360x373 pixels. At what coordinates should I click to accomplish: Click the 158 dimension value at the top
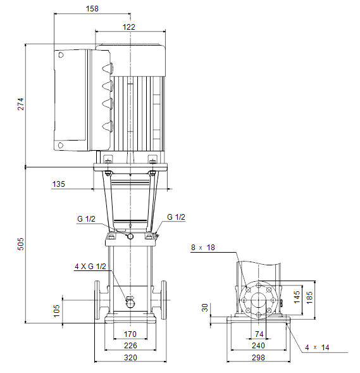92,9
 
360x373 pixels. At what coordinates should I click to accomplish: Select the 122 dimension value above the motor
129,27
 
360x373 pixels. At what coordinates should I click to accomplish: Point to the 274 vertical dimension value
21,104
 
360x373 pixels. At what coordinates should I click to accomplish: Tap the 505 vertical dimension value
21,244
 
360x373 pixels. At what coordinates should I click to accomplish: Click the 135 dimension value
58,184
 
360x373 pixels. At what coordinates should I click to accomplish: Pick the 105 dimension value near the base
56,311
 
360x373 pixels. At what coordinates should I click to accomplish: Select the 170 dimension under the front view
130,334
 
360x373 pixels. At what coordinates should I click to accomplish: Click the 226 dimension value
130,345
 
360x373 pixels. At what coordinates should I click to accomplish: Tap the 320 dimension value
130,357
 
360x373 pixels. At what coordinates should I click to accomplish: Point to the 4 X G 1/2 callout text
90,267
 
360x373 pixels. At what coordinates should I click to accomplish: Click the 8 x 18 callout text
203,248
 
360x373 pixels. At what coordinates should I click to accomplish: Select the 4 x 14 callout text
317,348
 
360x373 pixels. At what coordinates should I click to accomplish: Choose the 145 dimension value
297,297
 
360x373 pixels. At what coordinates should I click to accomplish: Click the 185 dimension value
309,298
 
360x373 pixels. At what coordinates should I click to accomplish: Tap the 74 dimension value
259,334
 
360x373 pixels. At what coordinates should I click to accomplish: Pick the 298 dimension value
258,357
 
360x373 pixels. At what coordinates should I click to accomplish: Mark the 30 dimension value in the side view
204,308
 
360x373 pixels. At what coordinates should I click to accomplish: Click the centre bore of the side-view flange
259,300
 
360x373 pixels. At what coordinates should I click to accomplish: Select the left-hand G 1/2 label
86,219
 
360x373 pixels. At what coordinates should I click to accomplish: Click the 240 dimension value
258,345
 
